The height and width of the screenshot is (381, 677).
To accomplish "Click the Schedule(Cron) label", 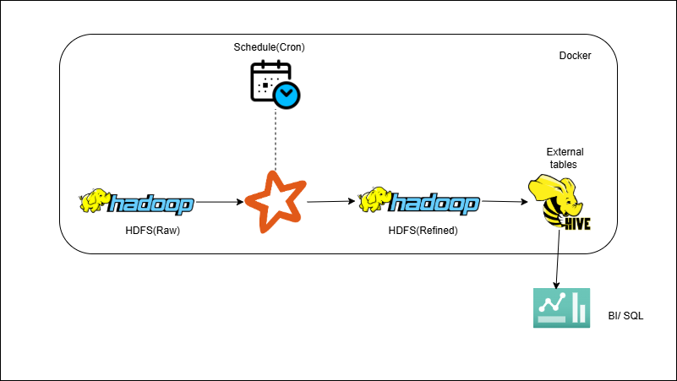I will pyautogui.click(x=269, y=47).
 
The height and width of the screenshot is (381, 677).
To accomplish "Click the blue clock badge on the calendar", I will pyautogui.click(x=287, y=95).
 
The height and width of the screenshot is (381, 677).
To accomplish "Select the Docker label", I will pyautogui.click(x=575, y=56).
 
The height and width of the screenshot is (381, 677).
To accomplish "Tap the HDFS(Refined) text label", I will pyautogui.click(x=423, y=230).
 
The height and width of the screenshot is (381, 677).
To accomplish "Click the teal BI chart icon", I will pyautogui.click(x=562, y=308).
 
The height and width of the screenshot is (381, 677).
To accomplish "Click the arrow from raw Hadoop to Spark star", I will pyautogui.click(x=219, y=202).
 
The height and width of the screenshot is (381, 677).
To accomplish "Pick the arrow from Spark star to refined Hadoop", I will pyautogui.click(x=330, y=202).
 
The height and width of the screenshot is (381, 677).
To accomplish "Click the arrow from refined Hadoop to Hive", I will pyautogui.click(x=504, y=202).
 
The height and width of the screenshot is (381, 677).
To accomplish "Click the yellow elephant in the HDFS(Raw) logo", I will pyautogui.click(x=94, y=201).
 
